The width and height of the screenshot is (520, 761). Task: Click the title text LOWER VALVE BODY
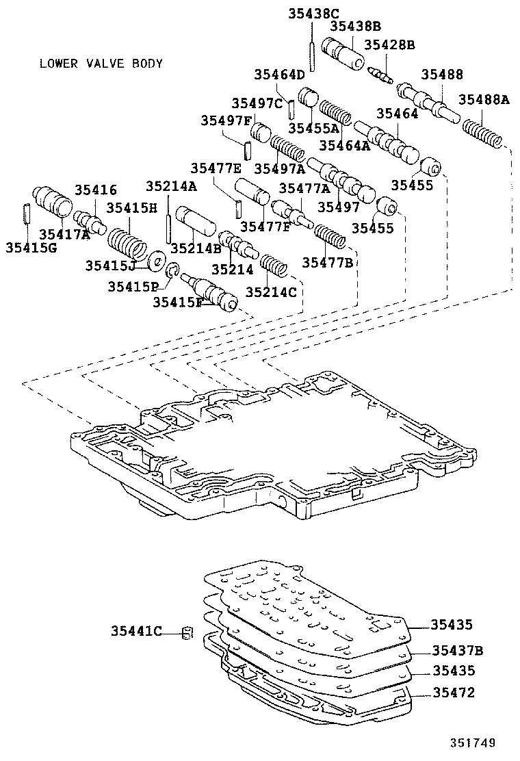click(x=101, y=64)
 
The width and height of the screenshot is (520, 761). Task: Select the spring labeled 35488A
click(x=484, y=135)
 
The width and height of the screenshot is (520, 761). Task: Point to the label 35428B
click(x=389, y=44)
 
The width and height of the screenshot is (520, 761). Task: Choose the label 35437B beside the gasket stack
click(x=458, y=649)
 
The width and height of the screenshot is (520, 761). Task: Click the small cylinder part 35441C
click(x=185, y=632)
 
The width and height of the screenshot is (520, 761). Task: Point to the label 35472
click(x=452, y=693)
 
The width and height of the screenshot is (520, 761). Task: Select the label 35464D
click(x=279, y=75)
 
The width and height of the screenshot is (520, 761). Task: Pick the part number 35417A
click(x=67, y=234)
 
